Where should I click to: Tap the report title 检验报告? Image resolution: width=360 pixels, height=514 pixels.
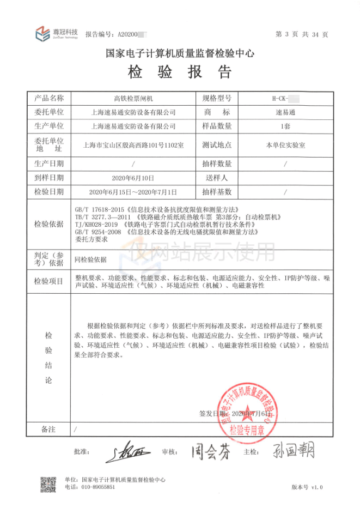(x=180, y=72)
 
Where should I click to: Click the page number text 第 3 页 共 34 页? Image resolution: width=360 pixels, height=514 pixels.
(x=302, y=34)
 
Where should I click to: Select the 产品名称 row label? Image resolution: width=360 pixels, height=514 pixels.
(x=49, y=99)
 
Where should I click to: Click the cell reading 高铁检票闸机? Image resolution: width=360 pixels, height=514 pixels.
(x=133, y=99)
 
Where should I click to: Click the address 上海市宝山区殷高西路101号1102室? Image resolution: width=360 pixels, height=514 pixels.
(x=133, y=146)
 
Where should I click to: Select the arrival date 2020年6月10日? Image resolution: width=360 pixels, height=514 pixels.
(x=133, y=178)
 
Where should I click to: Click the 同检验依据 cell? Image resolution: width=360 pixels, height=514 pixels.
(x=91, y=259)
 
